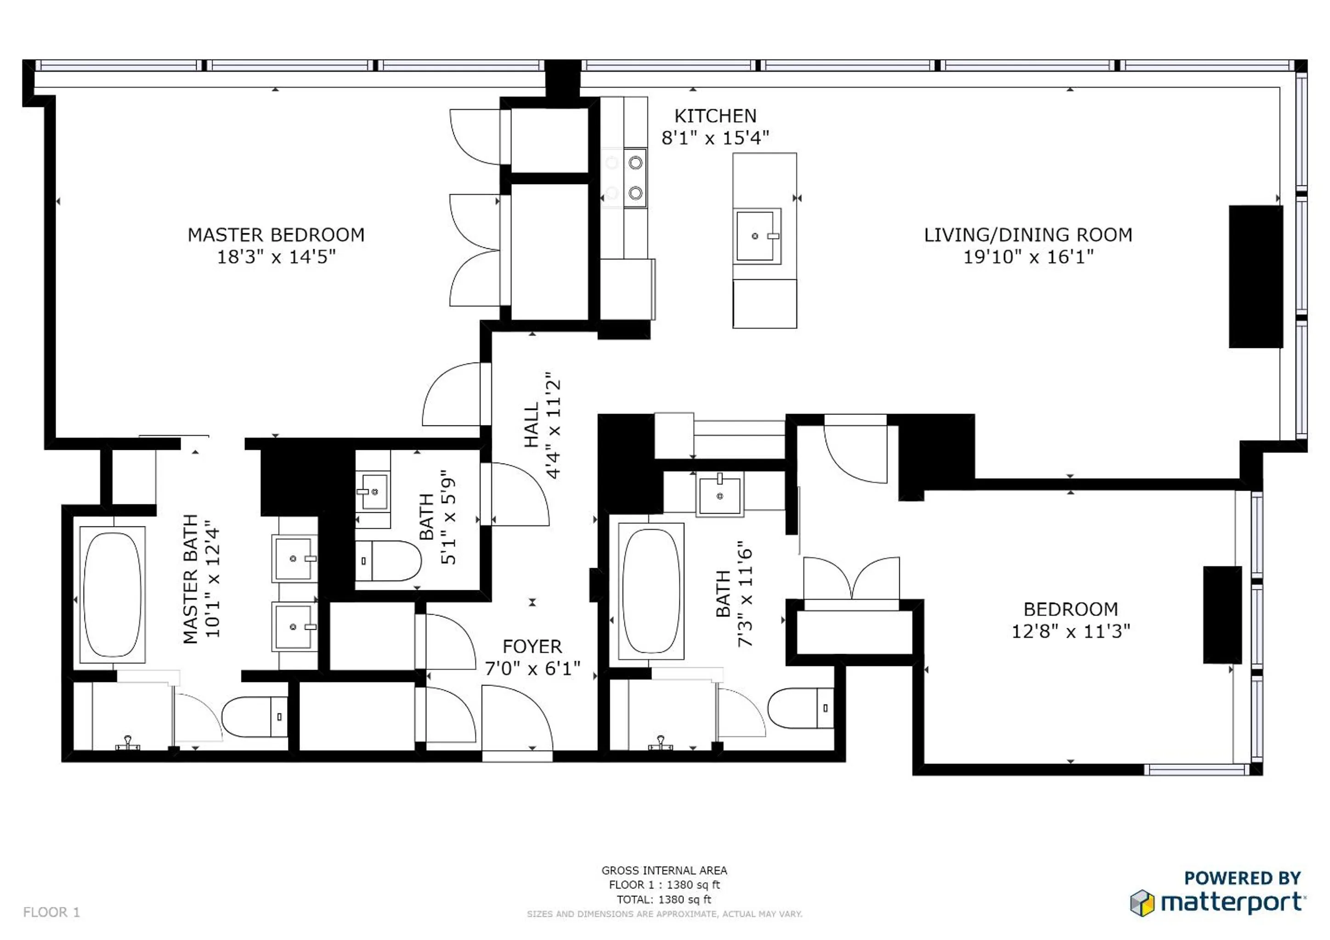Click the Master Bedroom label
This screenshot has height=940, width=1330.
point(276,235)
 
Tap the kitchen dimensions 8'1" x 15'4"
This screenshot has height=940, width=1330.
point(715,138)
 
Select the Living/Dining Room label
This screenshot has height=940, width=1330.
point(1028,235)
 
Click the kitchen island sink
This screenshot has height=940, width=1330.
point(757,236)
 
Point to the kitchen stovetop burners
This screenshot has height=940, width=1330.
point(635,178)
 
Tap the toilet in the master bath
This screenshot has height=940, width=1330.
point(255,716)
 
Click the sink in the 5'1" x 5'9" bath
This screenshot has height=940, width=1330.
point(374,492)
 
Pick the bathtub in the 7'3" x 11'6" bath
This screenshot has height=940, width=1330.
point(651,591)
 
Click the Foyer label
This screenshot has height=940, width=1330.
point(532,647)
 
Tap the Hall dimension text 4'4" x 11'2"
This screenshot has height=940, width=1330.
point(554,425)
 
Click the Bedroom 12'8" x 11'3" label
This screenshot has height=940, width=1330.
point(1070,610)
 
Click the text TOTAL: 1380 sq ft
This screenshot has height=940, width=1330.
point(664,900)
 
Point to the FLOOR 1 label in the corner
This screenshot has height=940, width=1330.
point(51,912)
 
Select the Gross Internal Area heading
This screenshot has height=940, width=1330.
point(664,871)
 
